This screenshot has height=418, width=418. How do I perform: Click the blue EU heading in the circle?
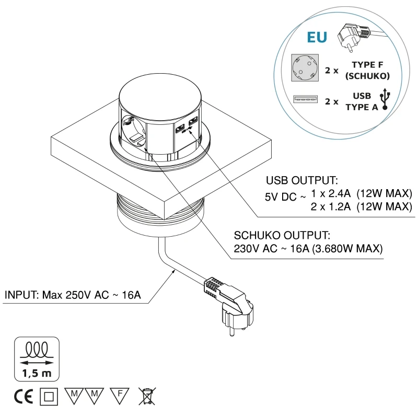point(317,38)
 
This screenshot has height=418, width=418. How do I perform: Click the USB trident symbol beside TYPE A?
point(386,99)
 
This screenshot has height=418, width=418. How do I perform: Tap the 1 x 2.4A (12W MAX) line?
point(361,194)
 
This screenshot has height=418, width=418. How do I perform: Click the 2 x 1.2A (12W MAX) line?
point(361,207)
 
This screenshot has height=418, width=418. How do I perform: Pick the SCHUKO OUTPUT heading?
point(283,235)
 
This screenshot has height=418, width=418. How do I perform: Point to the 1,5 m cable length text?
point(36,373)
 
